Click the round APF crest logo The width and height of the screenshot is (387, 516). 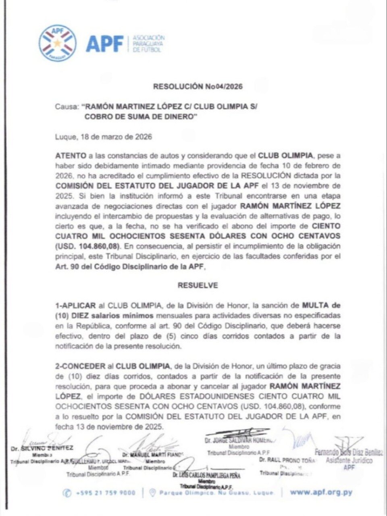pyautogui.click(x=57, y=43)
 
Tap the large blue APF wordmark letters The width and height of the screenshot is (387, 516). pyautogui.click(x=104, y=43)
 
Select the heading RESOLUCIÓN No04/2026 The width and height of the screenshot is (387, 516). pyautogui.click(x=198, y=86)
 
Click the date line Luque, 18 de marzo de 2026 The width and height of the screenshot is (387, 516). pyautogui.click(x=104, y=137)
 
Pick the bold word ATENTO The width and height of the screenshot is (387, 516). pyautogui.click(x=71, y=155)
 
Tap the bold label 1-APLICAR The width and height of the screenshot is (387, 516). pyautogui.click(x=76, y=306)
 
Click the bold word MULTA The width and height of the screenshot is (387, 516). pyautogui.click(x=316, y=306)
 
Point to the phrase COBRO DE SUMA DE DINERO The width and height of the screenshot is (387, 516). pyautogui.click(x=140, y=117)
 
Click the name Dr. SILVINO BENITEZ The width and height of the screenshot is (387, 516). pyautogui.click(x=42, y=448)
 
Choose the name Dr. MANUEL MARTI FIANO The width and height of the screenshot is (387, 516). pyautogui.click(x=153, y=455)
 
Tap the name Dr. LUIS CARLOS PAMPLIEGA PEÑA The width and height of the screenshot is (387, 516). pyautogui.click(x=206, y=476)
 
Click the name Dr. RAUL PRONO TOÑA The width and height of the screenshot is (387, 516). pyautogui.click(x=286, y=460)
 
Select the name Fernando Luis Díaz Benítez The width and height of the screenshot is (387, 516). pyautogui.click(x=349, y=453)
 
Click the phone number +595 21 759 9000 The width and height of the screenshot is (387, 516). pyautogui.click(x=105, y=493)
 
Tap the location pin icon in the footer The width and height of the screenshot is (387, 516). pyautogui.click(x=152, y=493)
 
